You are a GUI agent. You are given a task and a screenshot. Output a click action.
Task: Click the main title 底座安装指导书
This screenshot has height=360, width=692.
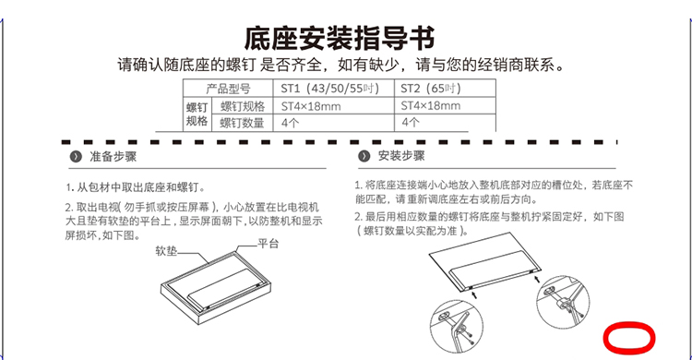[x=340, y=39]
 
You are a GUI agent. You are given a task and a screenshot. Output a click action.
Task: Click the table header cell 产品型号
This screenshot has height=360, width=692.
[x=228, y=89]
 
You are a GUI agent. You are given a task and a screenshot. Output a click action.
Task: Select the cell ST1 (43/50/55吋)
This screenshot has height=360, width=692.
[x=334, y=89]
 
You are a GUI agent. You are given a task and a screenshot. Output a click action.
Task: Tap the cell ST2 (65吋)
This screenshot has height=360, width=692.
[x=445, y=89]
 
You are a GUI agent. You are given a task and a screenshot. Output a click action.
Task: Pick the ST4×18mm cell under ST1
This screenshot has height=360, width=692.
[x=334, y=106]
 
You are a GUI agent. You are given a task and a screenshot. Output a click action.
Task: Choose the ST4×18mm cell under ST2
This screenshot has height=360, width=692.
[x=445, y=106]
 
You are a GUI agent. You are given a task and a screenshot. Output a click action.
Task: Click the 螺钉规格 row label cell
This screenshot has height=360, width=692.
[x=243, y=106]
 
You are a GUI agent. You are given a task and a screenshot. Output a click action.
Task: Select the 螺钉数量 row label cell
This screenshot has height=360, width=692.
[x=243, y=123]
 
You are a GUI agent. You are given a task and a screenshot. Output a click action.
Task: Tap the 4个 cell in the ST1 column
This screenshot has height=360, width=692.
[x=334, y=123]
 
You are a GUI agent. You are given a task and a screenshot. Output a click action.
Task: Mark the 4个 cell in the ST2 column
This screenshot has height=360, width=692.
[x=445, y=123]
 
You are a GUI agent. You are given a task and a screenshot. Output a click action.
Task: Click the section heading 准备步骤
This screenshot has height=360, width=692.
[x=113, y=156]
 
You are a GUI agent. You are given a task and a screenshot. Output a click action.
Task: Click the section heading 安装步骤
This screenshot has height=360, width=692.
[x=401, y=155]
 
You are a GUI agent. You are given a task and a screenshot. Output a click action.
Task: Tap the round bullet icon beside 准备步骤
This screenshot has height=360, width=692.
[x=76, y=157]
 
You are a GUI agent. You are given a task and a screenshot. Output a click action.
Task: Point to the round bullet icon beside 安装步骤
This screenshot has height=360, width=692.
[x=364, y=156]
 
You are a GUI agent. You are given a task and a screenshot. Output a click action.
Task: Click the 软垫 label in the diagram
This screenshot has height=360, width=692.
[x=166, y=251]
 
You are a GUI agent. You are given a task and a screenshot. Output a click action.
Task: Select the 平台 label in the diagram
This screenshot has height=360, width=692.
[x=268, y=244]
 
